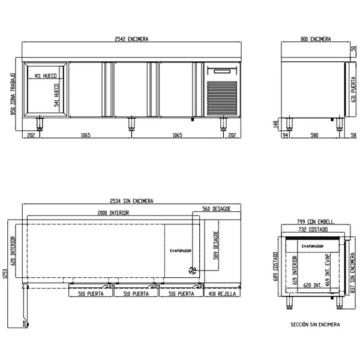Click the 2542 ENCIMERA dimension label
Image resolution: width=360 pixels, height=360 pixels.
tap(131, 39)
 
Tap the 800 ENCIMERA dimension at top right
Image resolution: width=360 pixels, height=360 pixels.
tap(315, 39)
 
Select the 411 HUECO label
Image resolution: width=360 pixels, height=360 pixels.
tap(46, 76)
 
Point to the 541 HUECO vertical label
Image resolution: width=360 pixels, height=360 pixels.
tap(56, 95)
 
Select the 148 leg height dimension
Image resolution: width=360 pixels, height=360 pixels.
tap(276, 124)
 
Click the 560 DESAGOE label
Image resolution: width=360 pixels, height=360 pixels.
tap(217, 209)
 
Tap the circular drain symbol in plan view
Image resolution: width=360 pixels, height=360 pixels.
tap(193, 270)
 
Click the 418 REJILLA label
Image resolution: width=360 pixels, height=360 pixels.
tap(223, 295)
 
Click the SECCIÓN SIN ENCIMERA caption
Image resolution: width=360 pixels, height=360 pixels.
tap(315, 324)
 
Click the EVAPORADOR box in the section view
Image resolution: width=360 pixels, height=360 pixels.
tap(313, 246)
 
